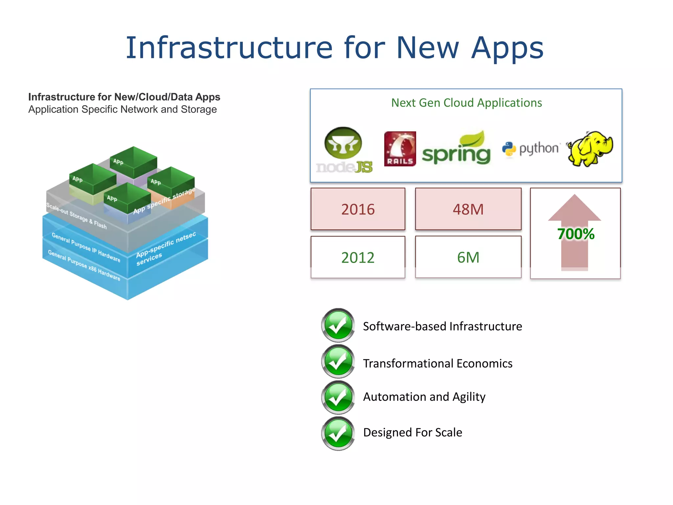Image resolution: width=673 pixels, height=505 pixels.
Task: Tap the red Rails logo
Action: (x=400, y=149)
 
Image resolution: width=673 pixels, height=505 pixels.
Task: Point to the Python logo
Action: (x=530, y=149)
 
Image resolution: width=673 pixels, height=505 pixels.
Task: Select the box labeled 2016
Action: (x=358, y=209)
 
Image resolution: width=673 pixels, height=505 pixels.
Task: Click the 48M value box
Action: (x=468, y=209)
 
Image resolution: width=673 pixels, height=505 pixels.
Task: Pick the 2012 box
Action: (x=358, y=257)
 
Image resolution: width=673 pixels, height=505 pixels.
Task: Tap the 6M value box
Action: (x=468, y=257)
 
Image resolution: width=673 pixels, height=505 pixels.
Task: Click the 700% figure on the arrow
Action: (x=576, y=234)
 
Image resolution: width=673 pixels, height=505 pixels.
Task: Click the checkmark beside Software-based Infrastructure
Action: (x=338, y=325)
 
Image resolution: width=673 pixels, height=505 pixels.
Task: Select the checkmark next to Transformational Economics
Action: (x=338, y=362)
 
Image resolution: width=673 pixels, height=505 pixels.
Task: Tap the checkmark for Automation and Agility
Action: (x=338, y=397)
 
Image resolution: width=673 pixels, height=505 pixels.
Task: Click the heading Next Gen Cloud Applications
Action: (x=466, y=103)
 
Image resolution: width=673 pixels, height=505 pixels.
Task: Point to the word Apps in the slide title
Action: (x=507, y=48)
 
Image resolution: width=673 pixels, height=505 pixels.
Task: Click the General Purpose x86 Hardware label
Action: (x=84, y=265)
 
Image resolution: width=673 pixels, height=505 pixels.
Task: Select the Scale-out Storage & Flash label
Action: (x=76, y=216)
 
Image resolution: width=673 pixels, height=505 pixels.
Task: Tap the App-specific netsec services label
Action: (x=166, y=248)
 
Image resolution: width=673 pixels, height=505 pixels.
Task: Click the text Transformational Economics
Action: (x=437, y=363)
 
